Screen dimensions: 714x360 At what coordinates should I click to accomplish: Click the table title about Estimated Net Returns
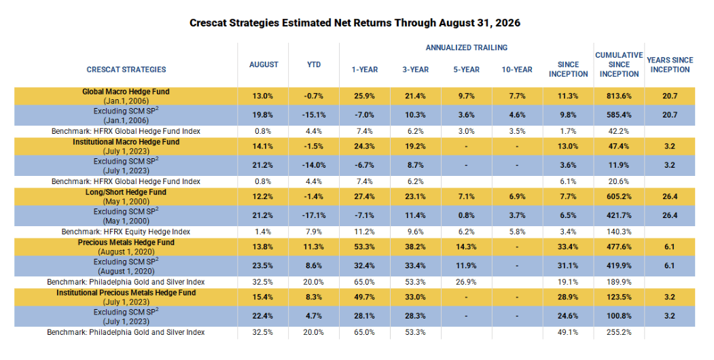coord(355,23)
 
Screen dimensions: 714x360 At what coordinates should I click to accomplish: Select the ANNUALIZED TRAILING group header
coord(466,48)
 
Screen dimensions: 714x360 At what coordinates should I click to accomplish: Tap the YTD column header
coord(314,65)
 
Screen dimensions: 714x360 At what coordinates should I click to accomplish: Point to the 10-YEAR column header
coord(517,70)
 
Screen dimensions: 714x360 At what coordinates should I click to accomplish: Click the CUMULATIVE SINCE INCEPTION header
coord(619,65)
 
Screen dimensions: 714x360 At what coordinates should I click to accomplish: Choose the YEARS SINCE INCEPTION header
coord(670,65)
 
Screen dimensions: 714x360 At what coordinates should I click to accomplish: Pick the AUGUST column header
coord(264,65)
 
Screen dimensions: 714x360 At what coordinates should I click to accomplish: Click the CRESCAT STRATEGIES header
coord(126,70)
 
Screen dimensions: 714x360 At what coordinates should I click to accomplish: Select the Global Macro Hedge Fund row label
coord(126,92)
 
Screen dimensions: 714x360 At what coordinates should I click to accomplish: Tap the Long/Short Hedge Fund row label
coord(126,192)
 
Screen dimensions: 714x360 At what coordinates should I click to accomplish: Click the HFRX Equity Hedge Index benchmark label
coord(126,232)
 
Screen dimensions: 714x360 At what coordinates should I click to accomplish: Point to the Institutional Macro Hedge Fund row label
coord(126,142)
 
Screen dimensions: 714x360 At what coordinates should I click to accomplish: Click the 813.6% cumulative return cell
coord(619,96)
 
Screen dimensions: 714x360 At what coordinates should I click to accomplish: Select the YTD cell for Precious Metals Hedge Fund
coord(314,247)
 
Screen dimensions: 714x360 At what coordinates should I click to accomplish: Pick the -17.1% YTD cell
coord(314,215)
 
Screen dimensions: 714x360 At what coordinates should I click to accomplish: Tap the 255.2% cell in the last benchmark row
coord(619,332)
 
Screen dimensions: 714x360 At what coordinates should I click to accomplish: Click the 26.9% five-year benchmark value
coord(466,282)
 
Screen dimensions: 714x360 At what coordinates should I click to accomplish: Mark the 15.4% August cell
coord(263,298)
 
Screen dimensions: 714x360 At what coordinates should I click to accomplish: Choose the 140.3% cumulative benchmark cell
coord(619,232)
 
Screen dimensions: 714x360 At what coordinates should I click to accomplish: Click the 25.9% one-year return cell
coord(364,96)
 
